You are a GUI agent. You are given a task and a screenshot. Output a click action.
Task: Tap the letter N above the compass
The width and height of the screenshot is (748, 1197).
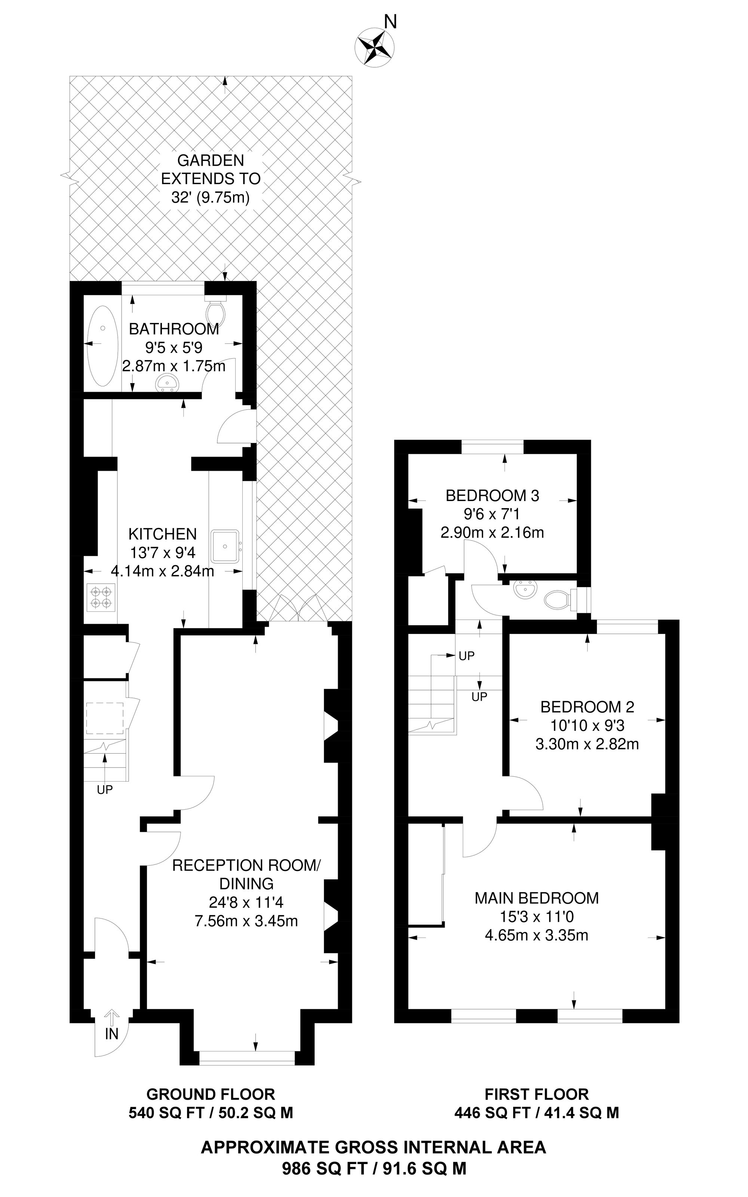pyautogui.click(x=391, y=22)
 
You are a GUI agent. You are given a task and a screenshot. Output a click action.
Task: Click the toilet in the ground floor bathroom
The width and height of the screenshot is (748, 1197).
pyautogui.click(x=216, y=310)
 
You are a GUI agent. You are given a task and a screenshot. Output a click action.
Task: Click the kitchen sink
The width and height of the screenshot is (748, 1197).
pyautogui.click(x=226, y=546)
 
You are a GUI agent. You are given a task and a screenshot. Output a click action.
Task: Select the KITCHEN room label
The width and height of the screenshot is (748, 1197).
pyautogui.click(x=162, y=534)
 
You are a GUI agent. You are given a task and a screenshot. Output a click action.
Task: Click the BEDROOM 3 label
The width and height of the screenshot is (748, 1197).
pyautogui.click(x=492, y=495)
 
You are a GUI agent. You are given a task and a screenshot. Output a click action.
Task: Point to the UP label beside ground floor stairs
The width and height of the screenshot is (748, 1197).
pyautogui.click(x=105, y=790)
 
